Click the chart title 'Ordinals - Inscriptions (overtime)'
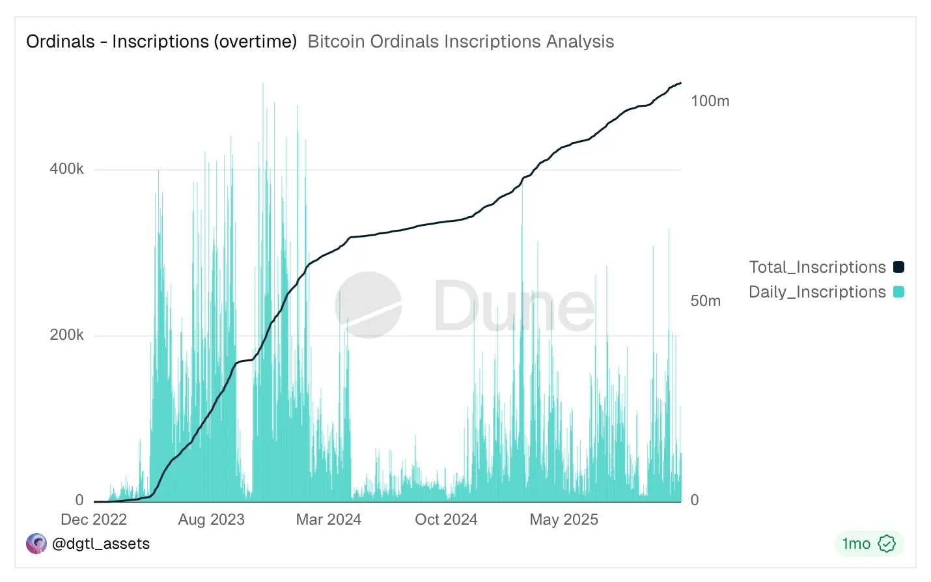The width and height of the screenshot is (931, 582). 161,42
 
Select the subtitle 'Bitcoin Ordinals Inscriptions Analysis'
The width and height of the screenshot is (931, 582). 460,42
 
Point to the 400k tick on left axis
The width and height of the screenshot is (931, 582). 66,169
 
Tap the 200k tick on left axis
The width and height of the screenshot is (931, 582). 66,335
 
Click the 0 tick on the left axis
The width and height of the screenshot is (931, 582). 79,500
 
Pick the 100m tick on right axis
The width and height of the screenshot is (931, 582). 710,101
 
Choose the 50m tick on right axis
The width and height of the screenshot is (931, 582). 705,301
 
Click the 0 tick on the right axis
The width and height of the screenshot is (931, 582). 694,500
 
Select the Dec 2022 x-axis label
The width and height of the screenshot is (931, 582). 94,520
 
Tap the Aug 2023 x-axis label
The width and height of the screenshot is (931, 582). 211,520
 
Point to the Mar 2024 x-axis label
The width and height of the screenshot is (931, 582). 328,520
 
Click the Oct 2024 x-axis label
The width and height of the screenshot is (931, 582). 446,520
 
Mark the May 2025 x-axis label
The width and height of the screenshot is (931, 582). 564,520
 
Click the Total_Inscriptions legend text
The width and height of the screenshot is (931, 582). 817,267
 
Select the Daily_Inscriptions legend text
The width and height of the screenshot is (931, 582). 817,292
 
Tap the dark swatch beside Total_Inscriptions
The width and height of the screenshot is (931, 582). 898,267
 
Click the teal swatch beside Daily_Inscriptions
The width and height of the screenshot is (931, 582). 898,292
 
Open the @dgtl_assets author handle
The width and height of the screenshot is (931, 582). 100,544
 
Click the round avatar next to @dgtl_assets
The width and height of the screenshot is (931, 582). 36,544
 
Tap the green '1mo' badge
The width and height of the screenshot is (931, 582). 868,544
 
